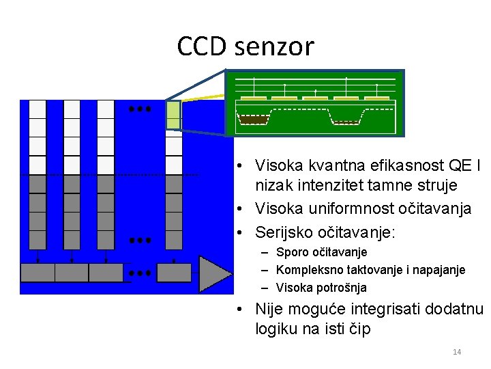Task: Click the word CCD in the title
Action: coord(202,47)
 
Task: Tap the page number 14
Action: coord(457,352)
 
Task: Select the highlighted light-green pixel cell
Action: coord(174,115)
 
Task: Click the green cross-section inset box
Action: coord(314,102)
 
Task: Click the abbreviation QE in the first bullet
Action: coord(453,166)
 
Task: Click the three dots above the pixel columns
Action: coord(140,109)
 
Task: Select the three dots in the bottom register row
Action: coord(140,273)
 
